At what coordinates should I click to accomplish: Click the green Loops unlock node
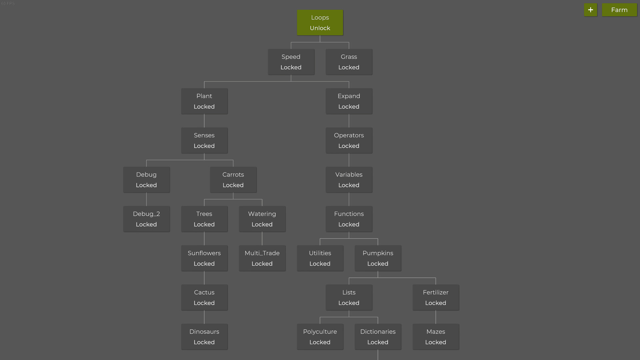pos(320,23)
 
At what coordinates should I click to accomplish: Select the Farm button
pos(619,10)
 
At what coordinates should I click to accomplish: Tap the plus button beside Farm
pos(590,10)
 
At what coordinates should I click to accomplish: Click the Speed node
pos(291,62)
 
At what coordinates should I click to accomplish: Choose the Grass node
pos(349,62)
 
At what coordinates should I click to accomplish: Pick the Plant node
pos(204,101)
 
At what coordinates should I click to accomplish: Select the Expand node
pos(349,101)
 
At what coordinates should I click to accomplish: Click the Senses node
pos(204,141)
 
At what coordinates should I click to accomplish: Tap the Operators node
pos(349,141)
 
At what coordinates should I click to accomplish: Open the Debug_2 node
pos(146,219)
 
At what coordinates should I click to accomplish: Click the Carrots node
pos(233,180)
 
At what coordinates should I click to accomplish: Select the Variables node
pos(349,180)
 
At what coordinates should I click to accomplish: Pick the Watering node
pos(262,219)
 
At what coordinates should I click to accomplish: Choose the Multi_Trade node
pos(262,258)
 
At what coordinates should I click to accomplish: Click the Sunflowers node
pos(204,258)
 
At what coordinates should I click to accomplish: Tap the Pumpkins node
pos(378,258)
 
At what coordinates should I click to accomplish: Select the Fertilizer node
pos(436,298)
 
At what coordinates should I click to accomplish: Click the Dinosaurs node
pos(204,337)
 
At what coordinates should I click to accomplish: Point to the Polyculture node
pos(320,337)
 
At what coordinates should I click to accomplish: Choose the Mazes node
pos(436,337)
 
